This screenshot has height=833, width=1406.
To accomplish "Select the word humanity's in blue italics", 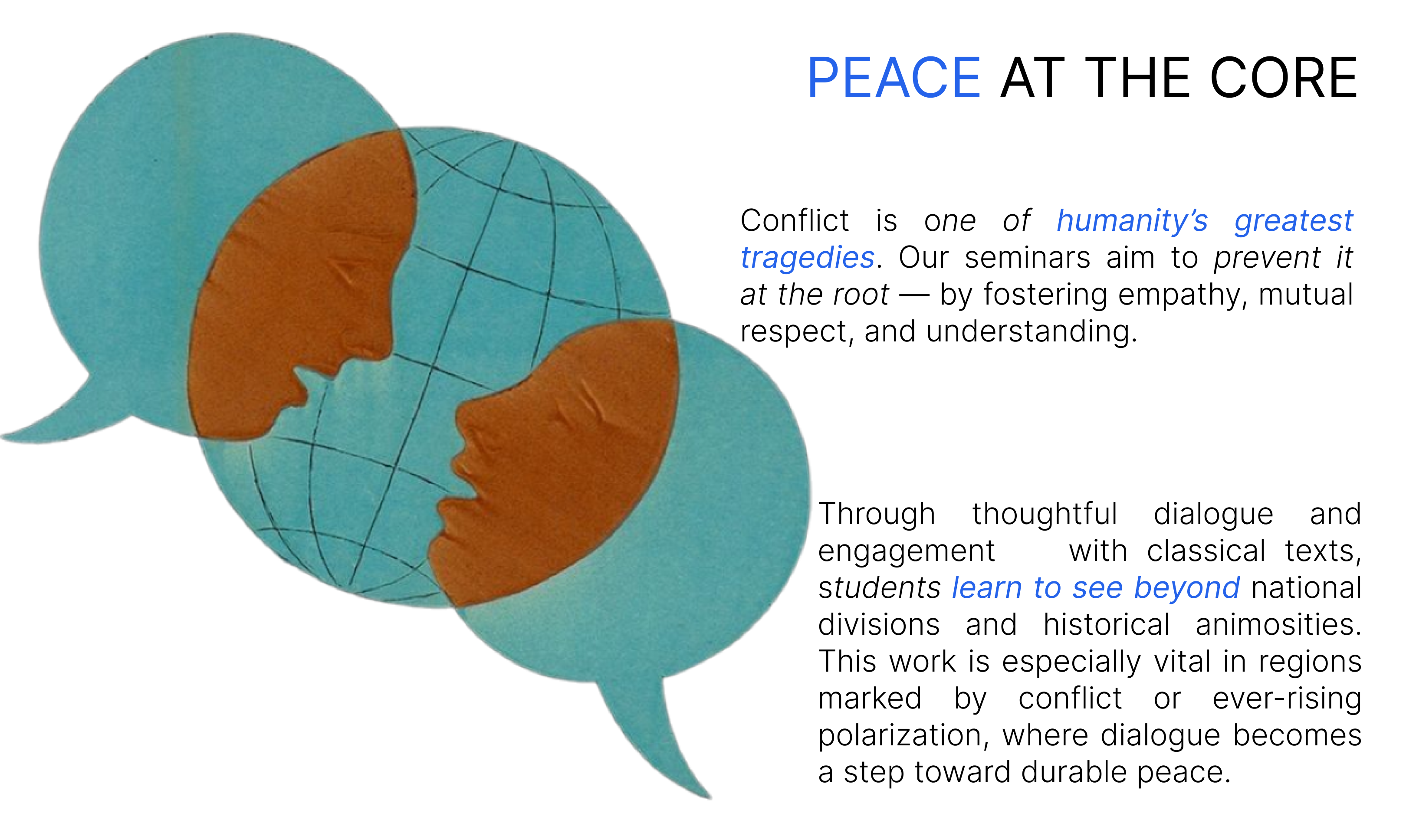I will pos(1132,220).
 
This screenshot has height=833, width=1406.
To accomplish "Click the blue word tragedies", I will pos(807,258).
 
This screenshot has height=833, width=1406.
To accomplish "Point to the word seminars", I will pos(1027,258).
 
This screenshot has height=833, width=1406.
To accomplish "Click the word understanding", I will pos(1031,331).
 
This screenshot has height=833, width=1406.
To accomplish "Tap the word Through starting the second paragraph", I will pos(877,514).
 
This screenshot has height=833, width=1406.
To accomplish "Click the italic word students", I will pos(879,588).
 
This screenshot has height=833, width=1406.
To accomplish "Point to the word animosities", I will pos(1278,625).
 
